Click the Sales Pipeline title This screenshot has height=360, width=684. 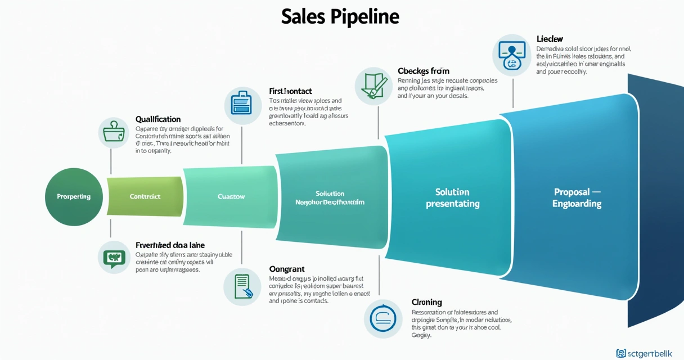(x=340, y=16)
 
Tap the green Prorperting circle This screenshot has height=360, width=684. (x=73, y=196)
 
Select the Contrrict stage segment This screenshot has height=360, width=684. (x=145, y=196)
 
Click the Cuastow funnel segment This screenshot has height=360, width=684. (x=231, y=196)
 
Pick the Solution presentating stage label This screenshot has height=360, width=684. (x=452, y=198)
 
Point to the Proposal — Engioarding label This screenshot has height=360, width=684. (x=577, y=198)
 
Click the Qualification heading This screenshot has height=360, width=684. (x=158, y=119)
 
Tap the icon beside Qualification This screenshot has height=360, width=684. (x=114, y=133)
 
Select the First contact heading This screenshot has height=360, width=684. (x=290, y=91)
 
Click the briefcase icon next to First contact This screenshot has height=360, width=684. (x=242, y=105)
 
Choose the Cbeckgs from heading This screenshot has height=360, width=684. (x=423, y=71)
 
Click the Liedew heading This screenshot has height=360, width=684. (x=550, y=39)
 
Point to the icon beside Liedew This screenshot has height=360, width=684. (x=511, y=55)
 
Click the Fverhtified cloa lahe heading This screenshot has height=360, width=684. (x=170, y=245)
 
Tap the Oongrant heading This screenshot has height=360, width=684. (x=287, y=269)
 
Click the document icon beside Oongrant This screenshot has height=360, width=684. (x=242, y=286)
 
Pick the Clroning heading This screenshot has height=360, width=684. (x=427, y=302)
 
